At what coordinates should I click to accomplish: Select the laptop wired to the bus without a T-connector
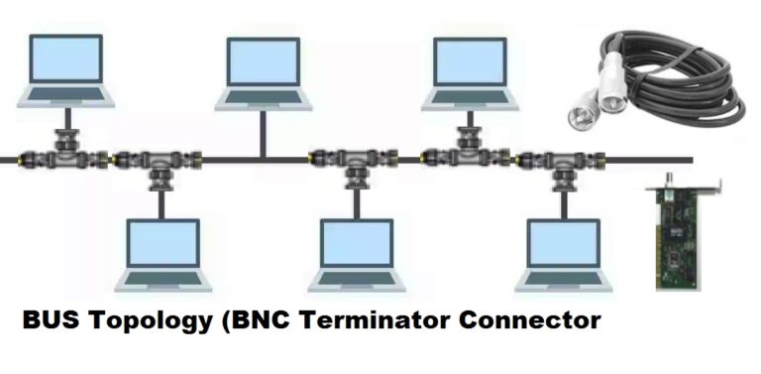pos(262,73)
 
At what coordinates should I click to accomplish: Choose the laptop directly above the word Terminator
pos(357,254)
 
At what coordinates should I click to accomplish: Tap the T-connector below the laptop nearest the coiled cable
pos(466,149)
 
